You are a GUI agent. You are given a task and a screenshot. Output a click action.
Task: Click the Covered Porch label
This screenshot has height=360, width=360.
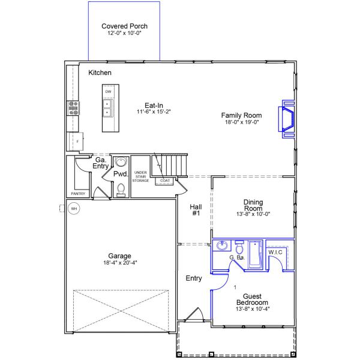tap(124, 26)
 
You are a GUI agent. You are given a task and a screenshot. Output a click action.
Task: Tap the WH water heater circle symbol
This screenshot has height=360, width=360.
tap(74, 209)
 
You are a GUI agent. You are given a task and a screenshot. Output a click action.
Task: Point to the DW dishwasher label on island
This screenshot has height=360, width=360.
tap(109, 92)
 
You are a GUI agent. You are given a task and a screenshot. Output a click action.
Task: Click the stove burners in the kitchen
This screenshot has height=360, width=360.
tap(74, 107)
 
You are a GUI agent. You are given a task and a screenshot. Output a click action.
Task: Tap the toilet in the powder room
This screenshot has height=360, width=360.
tap(121, 189)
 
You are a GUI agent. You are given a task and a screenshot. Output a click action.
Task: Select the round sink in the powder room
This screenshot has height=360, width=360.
tap(121, 163)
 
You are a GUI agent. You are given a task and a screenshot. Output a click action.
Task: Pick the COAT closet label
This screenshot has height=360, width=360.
tap(164, 180)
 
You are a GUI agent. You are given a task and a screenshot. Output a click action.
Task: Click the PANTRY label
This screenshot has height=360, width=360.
tap(77, 194)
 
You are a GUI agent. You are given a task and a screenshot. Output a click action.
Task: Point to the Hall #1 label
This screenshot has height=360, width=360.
tap(195, 209)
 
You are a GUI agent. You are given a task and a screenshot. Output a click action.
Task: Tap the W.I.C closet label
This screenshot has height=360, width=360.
tap(276, 253)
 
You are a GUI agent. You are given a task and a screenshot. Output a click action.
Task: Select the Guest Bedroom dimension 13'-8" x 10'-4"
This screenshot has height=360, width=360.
tap(251, 310)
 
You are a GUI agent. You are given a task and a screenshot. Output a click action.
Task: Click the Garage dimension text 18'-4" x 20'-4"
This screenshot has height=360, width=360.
tap(119, 263)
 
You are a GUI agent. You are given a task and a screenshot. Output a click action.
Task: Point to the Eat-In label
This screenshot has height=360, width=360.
tap(154, 104)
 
